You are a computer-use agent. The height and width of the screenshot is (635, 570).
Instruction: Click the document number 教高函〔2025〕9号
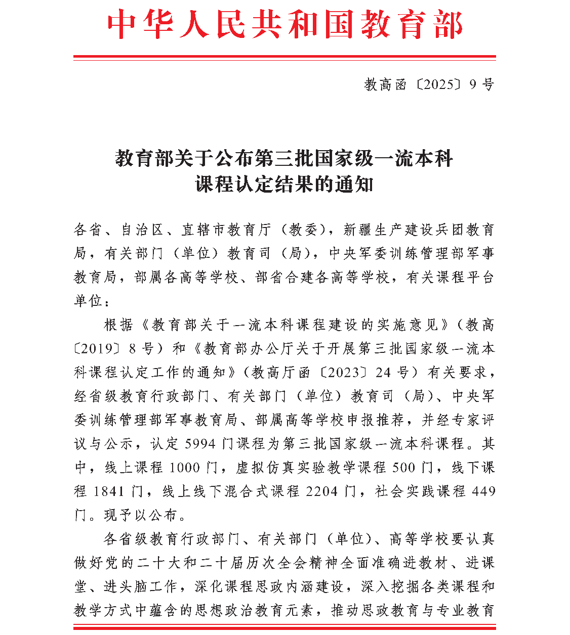point(429,84)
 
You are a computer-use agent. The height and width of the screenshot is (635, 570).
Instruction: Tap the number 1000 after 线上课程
point(185,468)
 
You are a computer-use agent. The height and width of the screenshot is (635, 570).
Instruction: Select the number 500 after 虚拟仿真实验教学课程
point(403,468)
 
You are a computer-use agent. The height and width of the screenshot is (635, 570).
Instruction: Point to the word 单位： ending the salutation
point(91,301)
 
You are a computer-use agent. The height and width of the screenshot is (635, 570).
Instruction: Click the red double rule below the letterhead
point(284,58)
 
